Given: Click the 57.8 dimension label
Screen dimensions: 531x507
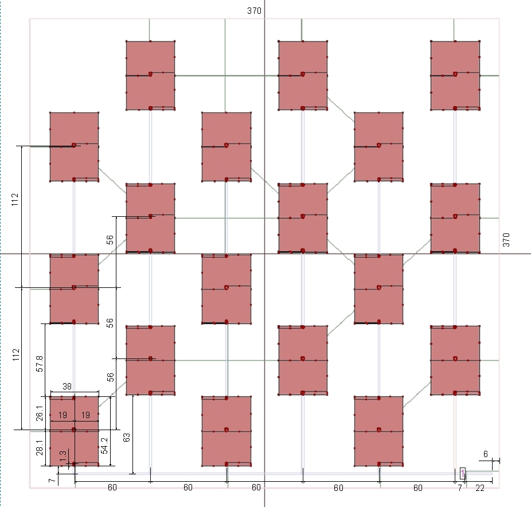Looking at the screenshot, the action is [40, 364].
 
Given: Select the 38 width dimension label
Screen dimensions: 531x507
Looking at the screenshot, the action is [67, 387].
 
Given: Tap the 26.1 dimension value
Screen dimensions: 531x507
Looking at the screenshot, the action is [40, 413].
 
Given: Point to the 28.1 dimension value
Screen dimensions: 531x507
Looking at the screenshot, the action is [40, 447].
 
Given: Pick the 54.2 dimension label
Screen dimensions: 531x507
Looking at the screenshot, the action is [104, 446].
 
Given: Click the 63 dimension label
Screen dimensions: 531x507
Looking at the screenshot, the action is [126, 438].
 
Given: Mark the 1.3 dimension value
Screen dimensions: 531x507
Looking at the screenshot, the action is [63, 456].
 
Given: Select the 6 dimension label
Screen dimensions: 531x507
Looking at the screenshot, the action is [486, 454].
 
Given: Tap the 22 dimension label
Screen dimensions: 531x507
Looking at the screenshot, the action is [480, 488].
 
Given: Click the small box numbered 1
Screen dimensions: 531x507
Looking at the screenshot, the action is [463, 473].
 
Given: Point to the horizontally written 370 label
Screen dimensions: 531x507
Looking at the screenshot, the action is [254, 11].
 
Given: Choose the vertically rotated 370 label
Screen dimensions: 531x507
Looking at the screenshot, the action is [506, 240].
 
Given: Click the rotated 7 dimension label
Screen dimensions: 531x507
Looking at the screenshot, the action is [52, 481].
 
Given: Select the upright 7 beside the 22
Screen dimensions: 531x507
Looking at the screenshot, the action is [459, 488].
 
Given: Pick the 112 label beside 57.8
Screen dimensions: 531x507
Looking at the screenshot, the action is [16, 354].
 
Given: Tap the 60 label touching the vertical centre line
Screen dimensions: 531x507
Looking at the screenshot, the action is [256, 487].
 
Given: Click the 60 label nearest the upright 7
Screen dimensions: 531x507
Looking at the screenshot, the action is [418, 488].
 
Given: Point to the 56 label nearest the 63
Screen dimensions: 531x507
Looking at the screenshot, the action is [111, 377].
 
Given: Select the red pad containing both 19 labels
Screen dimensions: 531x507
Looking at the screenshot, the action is [74, 431].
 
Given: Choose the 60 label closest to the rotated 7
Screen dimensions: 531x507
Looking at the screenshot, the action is [112, 487].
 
